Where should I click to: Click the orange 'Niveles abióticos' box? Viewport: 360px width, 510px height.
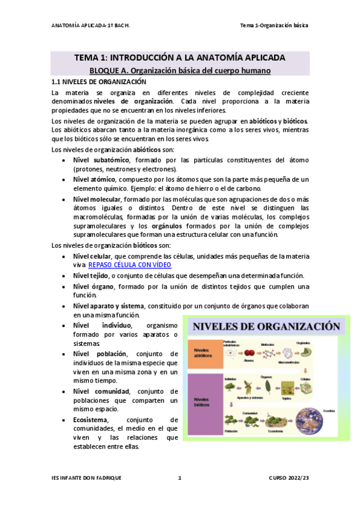pyautogui.click(x=204, y=355)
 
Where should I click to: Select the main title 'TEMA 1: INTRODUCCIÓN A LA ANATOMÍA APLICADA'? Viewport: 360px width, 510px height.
pyautogui.click(x=180, y=58)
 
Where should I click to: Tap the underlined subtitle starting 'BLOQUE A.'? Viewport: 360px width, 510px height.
pyautogui.click(x=180, y=70)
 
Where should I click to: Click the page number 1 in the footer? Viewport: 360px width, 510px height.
pyautogui.click(x=180, y=478)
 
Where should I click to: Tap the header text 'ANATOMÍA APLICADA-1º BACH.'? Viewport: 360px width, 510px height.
pyautogui.click(x=90, y=26)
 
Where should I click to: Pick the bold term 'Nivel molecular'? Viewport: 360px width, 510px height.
pyautogui.click(x=97, y=200)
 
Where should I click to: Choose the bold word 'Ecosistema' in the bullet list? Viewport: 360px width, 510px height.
pyautogui.click(x=90, y=420)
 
